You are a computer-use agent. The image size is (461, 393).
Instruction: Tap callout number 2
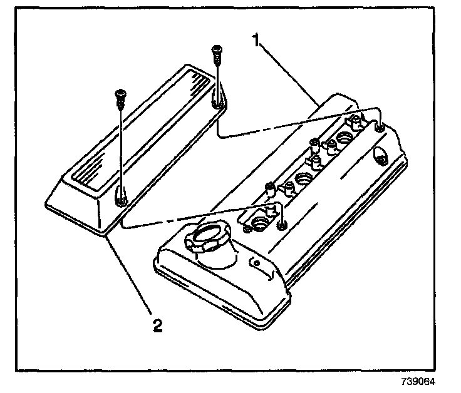158,325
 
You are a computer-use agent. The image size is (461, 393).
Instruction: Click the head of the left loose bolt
120,95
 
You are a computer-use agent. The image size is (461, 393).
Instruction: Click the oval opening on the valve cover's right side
378,154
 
